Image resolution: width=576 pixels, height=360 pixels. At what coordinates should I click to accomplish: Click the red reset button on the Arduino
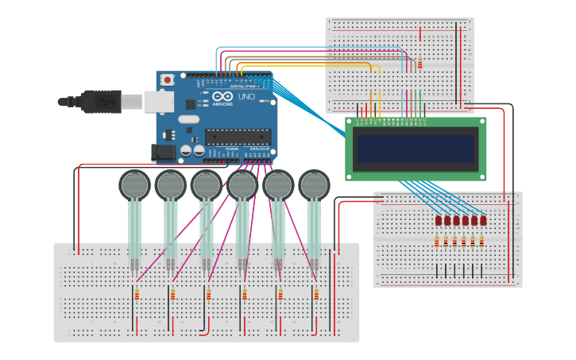[168, 80]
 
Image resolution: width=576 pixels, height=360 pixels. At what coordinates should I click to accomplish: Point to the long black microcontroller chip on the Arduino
[237, 137]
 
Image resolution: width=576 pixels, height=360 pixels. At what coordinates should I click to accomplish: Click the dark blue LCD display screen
[416, 149]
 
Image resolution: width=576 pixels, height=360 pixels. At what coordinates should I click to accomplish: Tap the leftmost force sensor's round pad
[135, 185]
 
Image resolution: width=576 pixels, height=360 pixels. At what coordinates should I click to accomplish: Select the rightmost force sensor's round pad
[314, 185]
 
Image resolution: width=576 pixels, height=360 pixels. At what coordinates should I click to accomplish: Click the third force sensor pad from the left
[207, 185]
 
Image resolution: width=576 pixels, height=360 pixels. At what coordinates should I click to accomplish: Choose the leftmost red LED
[438, 220]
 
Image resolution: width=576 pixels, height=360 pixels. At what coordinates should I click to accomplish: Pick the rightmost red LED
[483, 220]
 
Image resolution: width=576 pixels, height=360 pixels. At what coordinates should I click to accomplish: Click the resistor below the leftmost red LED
[437, 241]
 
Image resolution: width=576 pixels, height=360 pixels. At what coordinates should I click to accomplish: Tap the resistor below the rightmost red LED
[482, 241]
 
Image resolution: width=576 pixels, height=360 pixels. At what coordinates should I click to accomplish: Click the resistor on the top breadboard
[419, 64]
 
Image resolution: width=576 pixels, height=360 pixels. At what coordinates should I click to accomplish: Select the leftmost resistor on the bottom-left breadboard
[137, 296]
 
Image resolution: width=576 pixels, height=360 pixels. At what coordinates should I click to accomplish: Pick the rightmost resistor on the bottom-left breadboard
[315, 296]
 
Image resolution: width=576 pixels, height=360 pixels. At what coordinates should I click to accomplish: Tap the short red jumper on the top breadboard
[420, 33]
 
